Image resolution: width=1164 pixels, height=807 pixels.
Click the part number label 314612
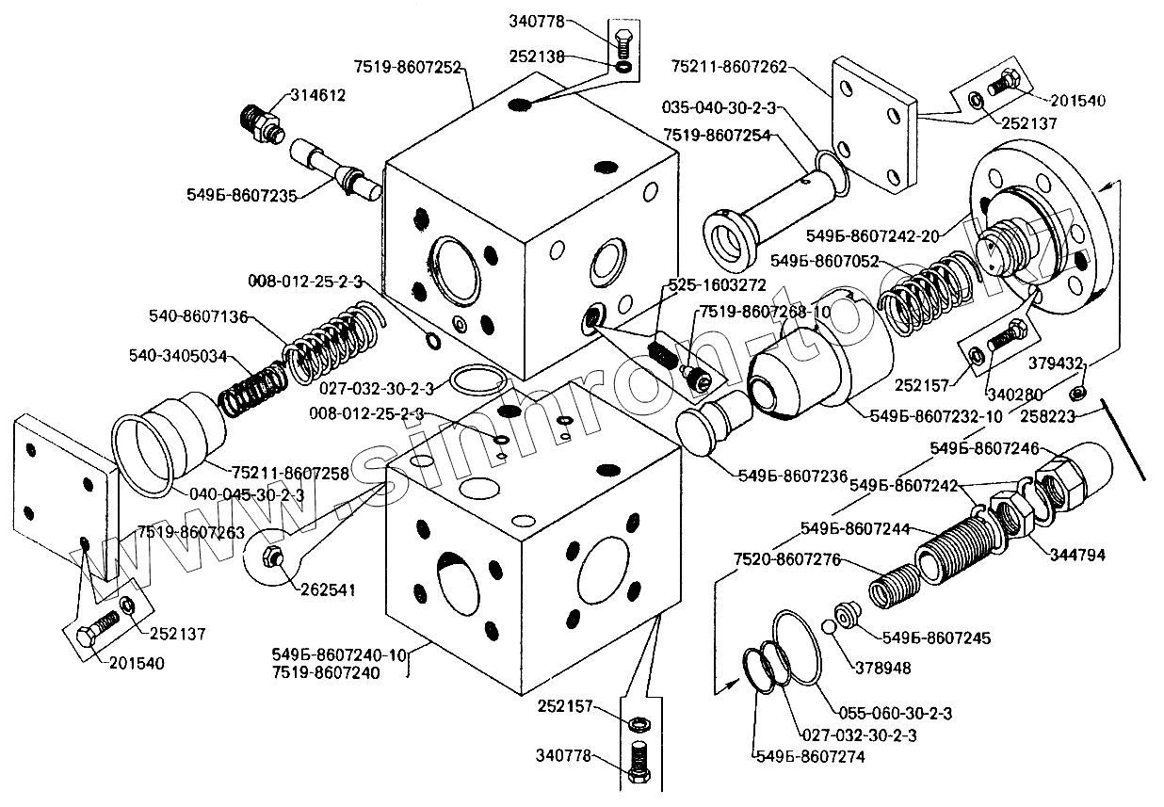317,95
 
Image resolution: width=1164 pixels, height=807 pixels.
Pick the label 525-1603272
718,284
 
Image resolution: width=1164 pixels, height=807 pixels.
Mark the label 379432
1084,363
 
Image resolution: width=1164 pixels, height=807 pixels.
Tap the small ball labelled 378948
828,627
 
